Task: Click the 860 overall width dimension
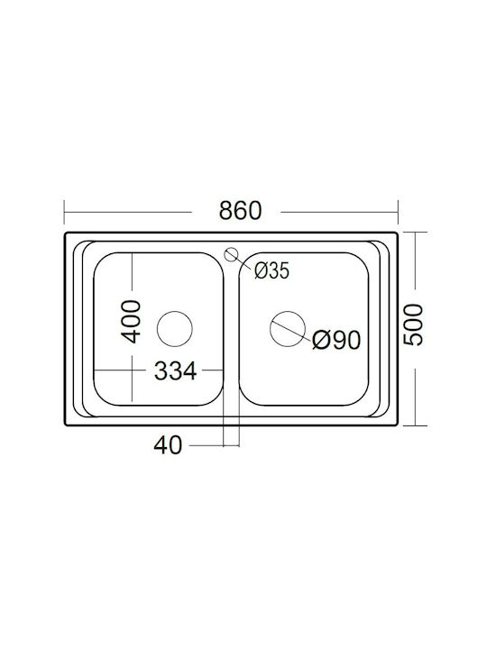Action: [240, 211]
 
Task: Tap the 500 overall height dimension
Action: [413, 324]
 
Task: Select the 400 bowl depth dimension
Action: [133, 322]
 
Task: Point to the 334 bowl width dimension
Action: [175, 370]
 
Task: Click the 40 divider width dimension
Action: [168, 445]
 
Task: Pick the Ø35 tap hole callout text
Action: [271, 271]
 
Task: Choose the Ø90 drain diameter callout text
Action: [336, 340]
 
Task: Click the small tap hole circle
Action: [232, 254]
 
